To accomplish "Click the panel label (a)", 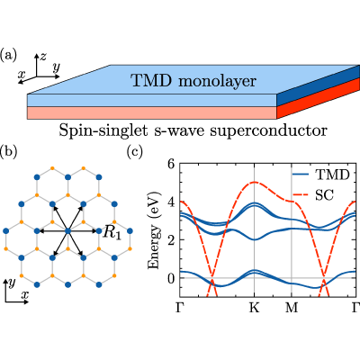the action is coord(8,56).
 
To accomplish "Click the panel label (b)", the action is coord(8,152).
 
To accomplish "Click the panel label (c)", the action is coord(135,152).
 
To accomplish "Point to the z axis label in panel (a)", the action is coord(43,56).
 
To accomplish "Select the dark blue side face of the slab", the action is coord(318,85).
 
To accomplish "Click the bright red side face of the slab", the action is coord(318,98).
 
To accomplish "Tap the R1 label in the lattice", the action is coord(112,232).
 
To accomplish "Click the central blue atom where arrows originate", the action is coord(67,231).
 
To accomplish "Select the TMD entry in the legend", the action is coord(321,175).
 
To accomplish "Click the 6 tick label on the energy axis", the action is coord(171,164).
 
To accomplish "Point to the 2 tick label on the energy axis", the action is coord(171,240).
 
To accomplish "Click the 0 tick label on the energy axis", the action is coord(171,278).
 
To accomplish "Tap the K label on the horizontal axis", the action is coord(255,308).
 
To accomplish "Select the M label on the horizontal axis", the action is coord(292,308).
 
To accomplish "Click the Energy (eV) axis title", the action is coord(154,230).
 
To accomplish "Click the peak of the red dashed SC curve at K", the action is coord(255,182).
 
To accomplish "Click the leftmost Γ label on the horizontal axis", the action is coord(180,308).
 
